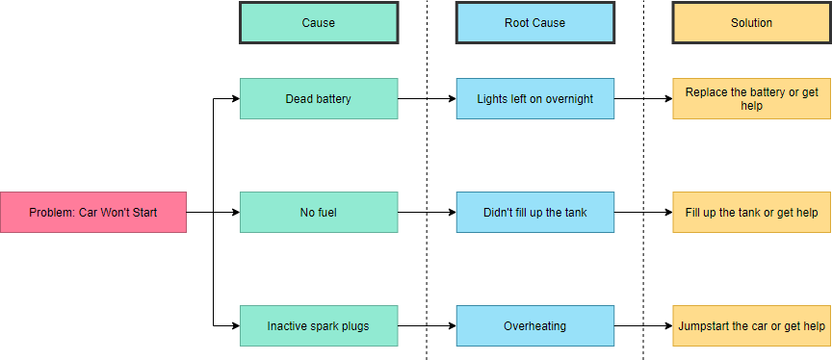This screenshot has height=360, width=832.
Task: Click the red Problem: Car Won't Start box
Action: [x=92, y=212]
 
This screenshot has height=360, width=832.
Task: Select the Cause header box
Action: [x=318, y=22]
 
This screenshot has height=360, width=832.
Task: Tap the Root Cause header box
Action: [x=534, y=22]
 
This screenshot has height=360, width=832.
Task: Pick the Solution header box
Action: [x=751, y=22]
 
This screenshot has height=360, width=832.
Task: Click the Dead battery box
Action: [x=318, y=98]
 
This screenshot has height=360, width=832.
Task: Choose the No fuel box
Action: [x=318, y=212]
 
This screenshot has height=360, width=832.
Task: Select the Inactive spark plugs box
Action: [x=318, y=325]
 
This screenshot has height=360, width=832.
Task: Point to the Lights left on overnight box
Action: [x=534, y=98]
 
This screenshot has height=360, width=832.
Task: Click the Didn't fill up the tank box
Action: [x=534, y=212]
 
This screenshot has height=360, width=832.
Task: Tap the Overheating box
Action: [x=534, y=325]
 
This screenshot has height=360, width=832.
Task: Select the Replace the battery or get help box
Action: [x=751, y=98]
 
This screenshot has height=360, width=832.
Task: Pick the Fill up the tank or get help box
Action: [x=751, y=212]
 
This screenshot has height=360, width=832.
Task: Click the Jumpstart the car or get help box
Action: [x=751, y=325]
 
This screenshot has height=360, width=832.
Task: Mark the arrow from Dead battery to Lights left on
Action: [x=427, y=98]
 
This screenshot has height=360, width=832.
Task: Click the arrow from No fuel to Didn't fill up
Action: [x=427, y=212]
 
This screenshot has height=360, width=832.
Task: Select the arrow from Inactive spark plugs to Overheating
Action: [x=427, y=325]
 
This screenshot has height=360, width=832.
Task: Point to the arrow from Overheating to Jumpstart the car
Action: [x=643, y=325]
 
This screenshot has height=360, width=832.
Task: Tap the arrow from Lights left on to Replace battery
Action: [x=643, y=98]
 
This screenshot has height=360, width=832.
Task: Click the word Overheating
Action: [x=534, y=326]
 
